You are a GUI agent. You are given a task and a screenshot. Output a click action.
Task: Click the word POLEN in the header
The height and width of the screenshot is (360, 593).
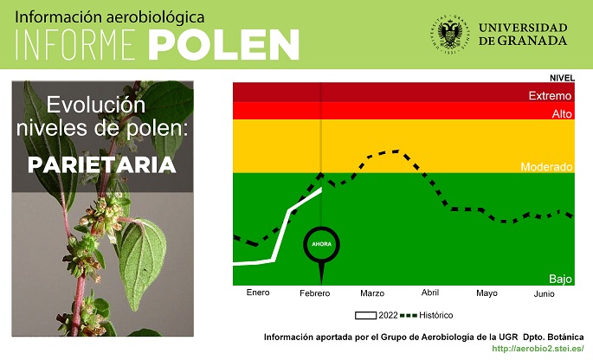click(x=223, y=45)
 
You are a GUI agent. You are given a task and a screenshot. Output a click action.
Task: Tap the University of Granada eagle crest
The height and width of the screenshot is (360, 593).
click(x=450, y=34)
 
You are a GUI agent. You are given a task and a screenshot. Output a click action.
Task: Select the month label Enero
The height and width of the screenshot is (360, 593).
click(x=258, y=292)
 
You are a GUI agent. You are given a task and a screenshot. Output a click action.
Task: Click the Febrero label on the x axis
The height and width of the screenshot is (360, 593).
click(x=314, y=293)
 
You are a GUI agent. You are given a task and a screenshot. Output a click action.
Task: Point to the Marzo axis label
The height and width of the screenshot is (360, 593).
click(x=372, y=293)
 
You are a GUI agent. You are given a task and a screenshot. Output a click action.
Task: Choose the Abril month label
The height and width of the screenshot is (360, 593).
click(x=430, y=292)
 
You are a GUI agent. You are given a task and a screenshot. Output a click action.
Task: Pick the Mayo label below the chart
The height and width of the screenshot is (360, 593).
click(x=487, y=293)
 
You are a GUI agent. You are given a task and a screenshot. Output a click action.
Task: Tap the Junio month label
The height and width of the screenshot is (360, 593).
click(x=544, y=293)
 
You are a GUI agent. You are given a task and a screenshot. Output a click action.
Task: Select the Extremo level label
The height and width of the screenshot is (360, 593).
click(x=550, y=96)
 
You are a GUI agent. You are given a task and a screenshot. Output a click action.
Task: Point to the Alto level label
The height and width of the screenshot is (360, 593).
click(x=562, y=114)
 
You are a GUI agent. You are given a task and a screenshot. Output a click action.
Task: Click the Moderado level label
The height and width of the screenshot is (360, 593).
click(x=546, y=167)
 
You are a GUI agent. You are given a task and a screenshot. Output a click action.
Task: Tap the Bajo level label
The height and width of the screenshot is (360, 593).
click(x=560, y=279)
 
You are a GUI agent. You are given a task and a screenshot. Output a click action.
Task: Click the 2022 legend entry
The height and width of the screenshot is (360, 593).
click(x=377, y=315)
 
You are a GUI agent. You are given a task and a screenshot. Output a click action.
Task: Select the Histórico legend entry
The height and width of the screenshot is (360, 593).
click(x=427, y=315)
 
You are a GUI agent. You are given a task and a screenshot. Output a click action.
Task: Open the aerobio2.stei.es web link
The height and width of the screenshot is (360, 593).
click(x=538, y=348)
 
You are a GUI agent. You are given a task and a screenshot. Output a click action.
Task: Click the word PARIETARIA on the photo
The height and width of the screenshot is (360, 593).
click(x=102, y=165)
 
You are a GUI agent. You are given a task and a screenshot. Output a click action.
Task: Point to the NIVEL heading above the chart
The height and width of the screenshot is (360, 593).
click(x=562, y=78)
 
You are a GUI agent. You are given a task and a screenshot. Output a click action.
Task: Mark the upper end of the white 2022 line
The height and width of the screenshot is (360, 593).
click(x=321, y=189)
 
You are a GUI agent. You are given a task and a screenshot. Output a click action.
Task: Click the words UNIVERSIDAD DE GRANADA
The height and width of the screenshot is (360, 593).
click(x=523, y=34)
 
